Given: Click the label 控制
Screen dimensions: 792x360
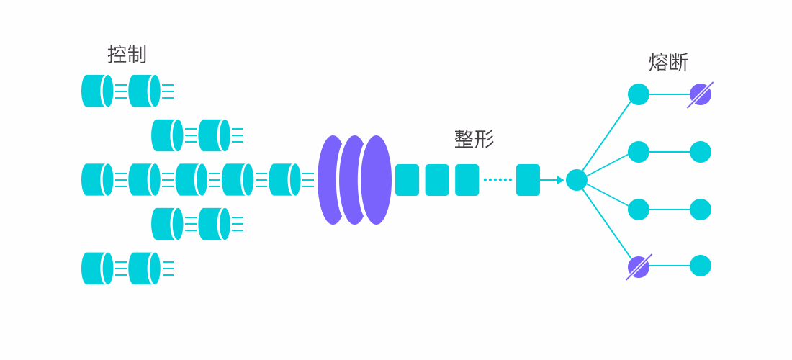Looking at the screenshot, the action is click(x=127, y=54).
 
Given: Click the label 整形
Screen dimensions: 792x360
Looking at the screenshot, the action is click(x=474, y=139).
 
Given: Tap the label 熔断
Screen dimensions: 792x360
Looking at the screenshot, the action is click(x=668, y=63).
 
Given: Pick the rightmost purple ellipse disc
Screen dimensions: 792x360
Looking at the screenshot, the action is click(x=377, y=180).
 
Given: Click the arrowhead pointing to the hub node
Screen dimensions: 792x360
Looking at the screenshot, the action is click(x=561, y=180).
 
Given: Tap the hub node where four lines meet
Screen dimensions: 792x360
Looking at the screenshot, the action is click(x=576, y=180).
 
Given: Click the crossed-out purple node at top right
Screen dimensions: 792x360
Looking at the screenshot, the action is click(x=700, y=94).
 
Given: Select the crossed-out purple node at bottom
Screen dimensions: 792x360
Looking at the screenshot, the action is click(x=639, y=266).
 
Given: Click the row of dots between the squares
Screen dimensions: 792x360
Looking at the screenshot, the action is click(x=498, y=180).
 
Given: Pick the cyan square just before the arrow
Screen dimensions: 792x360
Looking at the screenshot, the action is click(x=528, y=180).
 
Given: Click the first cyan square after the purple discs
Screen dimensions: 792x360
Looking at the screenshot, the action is click(x=407, y=180).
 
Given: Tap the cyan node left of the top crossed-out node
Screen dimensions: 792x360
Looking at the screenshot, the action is click(x=639, y=94).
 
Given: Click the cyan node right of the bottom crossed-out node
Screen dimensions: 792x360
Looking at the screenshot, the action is click(x=700, y=266).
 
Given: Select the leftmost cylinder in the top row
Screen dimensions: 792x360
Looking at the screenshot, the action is click(x=97, y=91).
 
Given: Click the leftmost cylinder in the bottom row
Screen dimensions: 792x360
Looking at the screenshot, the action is click(x=97, y=268).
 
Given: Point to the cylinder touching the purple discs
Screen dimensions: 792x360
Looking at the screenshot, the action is click(x=285, y=180).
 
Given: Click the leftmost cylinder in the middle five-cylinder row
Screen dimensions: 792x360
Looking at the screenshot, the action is click(x=97, y=180).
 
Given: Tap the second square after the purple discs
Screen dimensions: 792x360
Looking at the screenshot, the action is click(x=437, y=180).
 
